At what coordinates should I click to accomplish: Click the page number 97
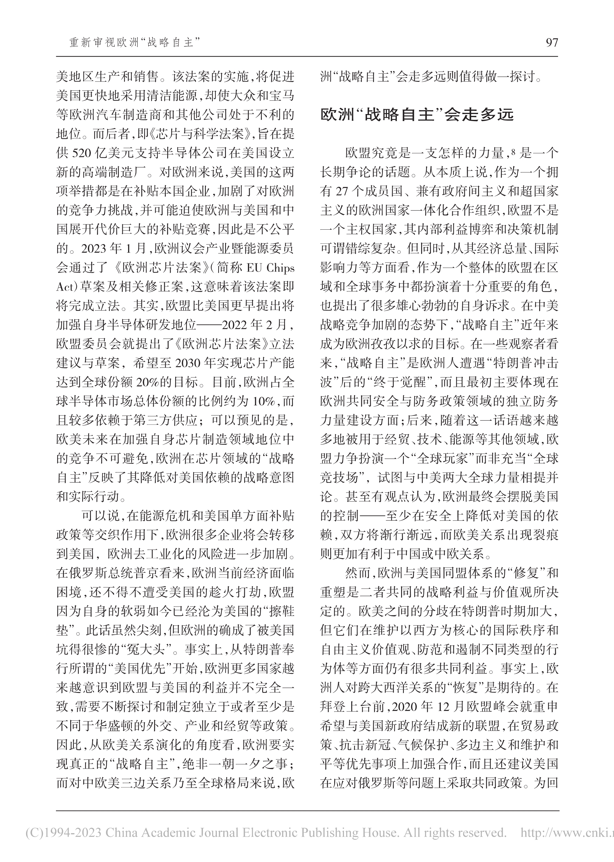click(x=552, y=42)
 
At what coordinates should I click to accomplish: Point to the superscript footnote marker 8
click(x=513, y=151)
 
